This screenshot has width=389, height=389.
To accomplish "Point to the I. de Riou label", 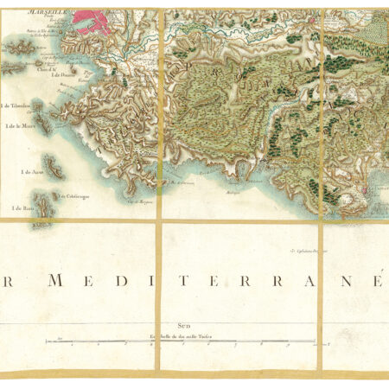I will click(x=22, y=208).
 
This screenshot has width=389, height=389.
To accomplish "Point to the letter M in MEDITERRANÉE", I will click(x=57, y=281).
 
